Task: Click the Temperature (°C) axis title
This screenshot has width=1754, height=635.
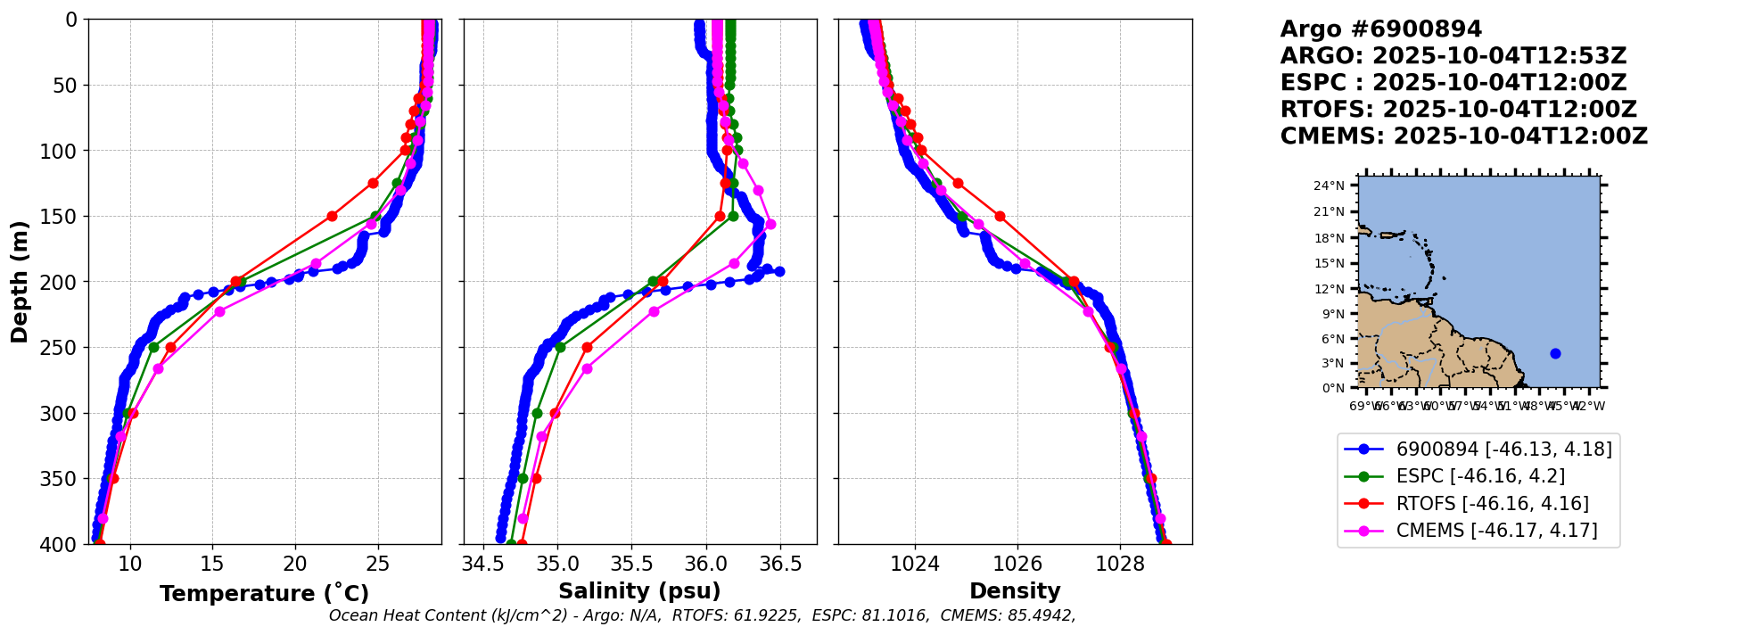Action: pyautogui.click(x=264, y=594)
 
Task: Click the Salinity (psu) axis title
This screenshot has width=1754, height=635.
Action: pyautogui.click(x=639, y=591)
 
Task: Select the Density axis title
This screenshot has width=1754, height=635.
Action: pyautogui.click(x=1015, y=591)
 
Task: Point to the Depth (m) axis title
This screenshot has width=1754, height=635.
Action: pyautogui.click(x=20, y=282)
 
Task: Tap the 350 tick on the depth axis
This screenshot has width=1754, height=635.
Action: pyautogui.click(x=62, y=479)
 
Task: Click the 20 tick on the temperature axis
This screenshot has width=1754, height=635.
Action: pyautogui.click(x=295, y=564)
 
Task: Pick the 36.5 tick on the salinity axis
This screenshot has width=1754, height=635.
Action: pyautogui.click(x=780, y=564)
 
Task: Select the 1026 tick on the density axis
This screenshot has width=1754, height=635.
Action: pyautogui.click(x=1017, y=564)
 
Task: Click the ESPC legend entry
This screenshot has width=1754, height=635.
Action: pyautogui.click(x=1480, y=476)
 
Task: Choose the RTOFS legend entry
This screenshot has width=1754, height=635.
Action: pyautogui.click(x=1492, y=504)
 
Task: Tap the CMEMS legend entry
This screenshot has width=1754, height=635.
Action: pyautogui.click(x=1496, y=531)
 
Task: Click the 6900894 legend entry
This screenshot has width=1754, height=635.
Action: pyautogui.click(x=1503, y=449)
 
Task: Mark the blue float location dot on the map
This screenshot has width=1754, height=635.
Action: pyautogui.click(x=1555, y=353)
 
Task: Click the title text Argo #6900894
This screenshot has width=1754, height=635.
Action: pyautogui.click(x=1380, y=29)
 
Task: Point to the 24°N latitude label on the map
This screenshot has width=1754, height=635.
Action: pyautogui.click(x=1329, y=186)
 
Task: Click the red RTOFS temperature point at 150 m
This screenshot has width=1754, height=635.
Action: pyautogui.click(x=332, y=216)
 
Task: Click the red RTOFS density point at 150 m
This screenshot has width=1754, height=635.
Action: pyautogui.click(x=1000, y=216)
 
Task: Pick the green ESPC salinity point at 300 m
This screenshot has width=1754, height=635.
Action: pyautogui.click(x=537, y=413)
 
